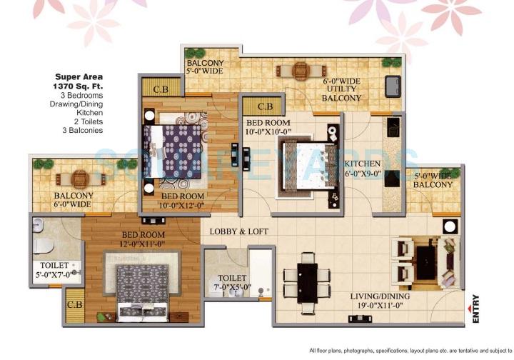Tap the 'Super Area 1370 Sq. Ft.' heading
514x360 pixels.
click(80, 81)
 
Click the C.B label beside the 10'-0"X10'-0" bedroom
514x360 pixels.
click(265, 106)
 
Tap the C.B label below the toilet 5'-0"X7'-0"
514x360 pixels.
click(73, 304)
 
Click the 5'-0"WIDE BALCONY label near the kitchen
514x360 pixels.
click(433, 180)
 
